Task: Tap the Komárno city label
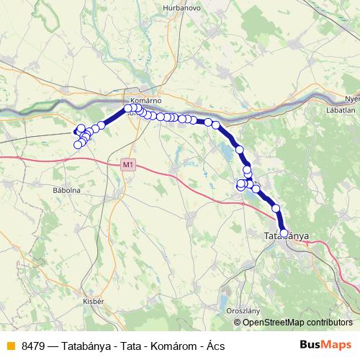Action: click(144, 101)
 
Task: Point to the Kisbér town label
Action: click(94, 300)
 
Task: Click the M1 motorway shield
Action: click(127, 165)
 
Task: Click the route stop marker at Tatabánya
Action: click(284, 233)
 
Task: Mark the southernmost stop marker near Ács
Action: click(78, 145)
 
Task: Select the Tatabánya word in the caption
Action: click(87, 346)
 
